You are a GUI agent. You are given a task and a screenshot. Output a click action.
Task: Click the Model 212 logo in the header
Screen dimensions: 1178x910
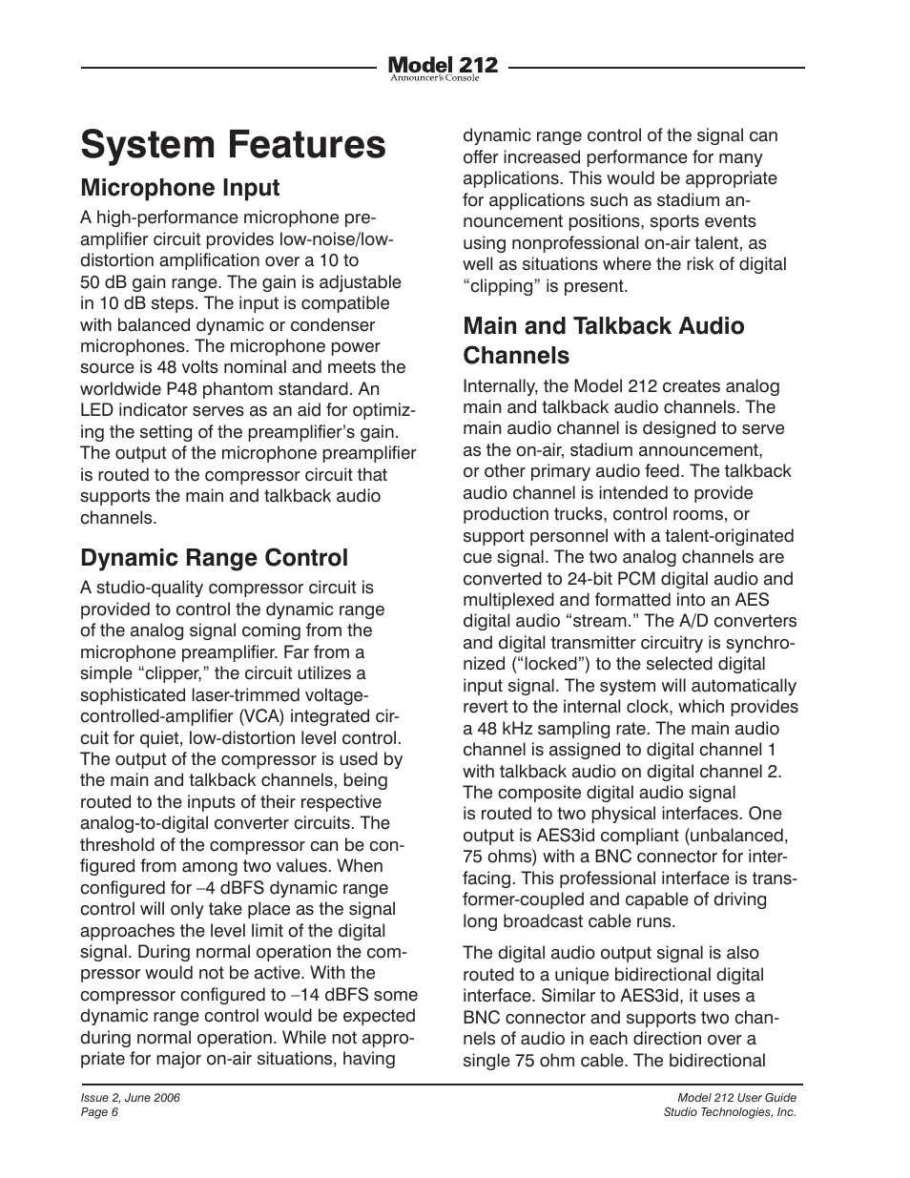pos(443,67)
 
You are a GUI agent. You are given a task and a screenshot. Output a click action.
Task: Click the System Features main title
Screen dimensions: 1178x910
pos(234,145)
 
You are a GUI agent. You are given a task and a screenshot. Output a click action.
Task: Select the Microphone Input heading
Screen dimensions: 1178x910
pos(179,188)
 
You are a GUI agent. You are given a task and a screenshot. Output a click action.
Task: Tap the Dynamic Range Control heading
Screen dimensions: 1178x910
pos(214,557)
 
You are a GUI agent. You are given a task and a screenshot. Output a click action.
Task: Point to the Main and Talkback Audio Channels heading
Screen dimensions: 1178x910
pos(603,341)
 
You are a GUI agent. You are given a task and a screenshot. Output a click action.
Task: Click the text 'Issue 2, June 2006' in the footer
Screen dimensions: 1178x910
pos(130,1098)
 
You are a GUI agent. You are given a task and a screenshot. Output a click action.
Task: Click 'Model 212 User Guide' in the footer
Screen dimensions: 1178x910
pos(730,1098)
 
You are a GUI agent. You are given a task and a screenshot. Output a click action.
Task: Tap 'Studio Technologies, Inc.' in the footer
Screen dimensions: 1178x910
pos(730,1112)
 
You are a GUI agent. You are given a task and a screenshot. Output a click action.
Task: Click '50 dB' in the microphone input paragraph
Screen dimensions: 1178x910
pos(103,282)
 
